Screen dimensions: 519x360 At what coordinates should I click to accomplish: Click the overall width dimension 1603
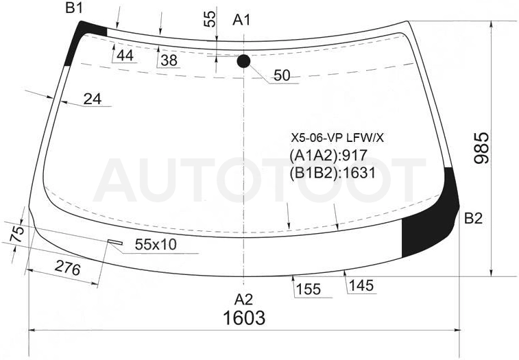244,317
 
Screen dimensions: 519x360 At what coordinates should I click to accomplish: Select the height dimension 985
481,148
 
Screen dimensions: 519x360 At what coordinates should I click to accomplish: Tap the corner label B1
74,8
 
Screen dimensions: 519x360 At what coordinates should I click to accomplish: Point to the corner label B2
473,218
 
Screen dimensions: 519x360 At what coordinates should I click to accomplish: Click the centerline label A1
241,20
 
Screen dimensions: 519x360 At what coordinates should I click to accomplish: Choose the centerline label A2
243,300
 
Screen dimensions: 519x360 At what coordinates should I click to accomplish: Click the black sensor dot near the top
243,61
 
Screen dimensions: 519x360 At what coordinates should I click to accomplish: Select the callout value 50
282,75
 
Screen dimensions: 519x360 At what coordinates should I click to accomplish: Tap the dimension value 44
125,56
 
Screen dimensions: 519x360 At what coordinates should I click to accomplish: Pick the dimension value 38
169,60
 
